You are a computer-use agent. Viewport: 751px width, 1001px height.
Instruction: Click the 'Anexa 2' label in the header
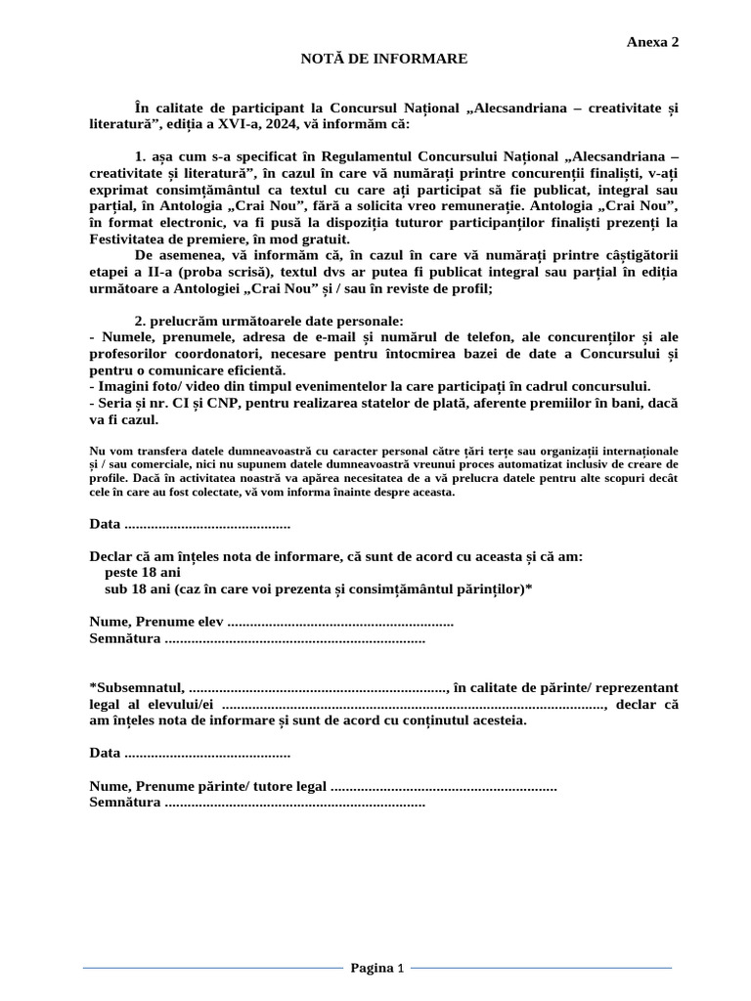(652, 42)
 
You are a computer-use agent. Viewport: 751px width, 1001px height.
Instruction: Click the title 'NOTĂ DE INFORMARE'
(383, 60)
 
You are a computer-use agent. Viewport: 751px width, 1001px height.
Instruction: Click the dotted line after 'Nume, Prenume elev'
(339, 623)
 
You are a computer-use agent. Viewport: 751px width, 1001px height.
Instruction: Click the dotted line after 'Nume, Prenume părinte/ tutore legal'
(444, 786)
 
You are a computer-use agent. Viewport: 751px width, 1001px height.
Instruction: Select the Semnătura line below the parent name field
(294, 803)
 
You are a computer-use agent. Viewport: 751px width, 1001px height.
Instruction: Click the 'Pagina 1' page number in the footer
(376, 969)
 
